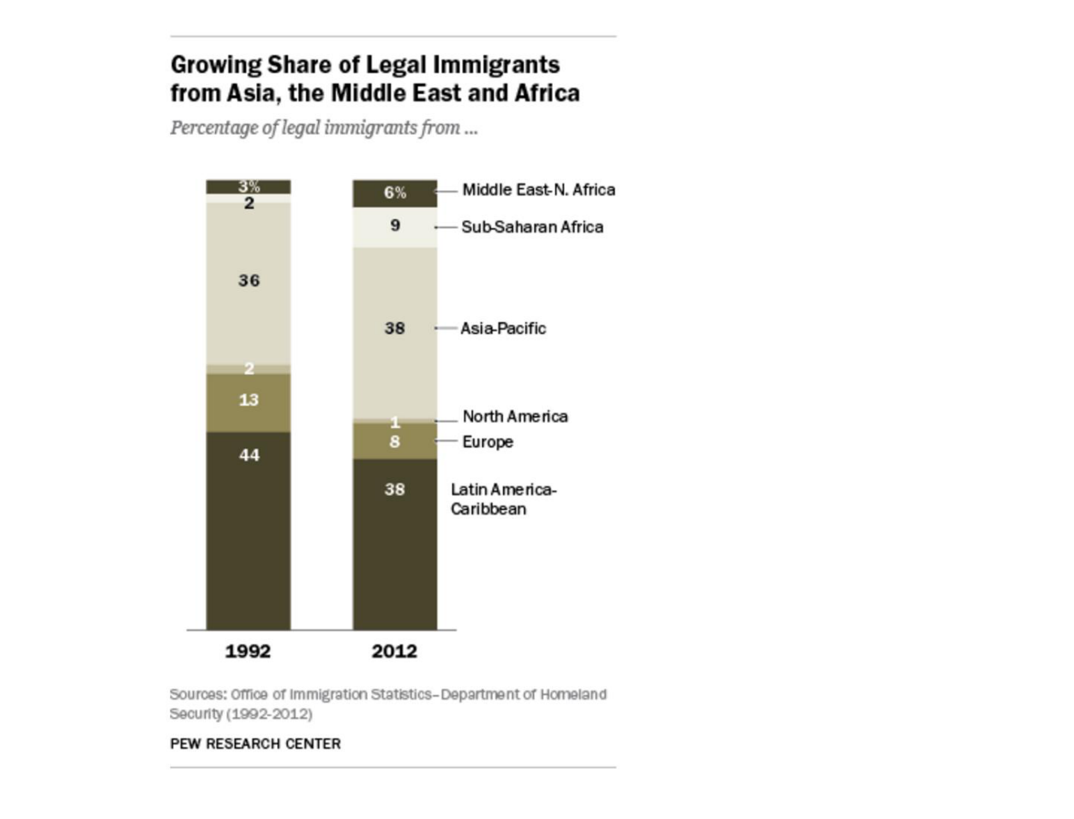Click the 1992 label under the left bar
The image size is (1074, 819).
[248, 652]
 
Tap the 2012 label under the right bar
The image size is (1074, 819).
[394, 652]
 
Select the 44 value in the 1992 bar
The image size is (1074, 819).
[249, 456]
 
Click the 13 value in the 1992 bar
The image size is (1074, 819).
[248, 400]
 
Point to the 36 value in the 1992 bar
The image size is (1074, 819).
[249, 281]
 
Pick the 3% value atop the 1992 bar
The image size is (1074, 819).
[249, 186]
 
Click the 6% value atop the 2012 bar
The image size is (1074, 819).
[395, 193]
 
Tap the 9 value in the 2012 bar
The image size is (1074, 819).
[395, 225]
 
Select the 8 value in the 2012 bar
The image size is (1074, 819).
[395, 442]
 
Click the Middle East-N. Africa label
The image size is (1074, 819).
[538, 190]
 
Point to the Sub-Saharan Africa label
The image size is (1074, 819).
[532, 227]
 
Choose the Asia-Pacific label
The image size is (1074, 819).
[503, 328]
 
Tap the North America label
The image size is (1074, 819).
[515, 416]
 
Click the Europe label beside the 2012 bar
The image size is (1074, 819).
[488, 443]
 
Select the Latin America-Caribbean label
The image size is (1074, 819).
[504, 499]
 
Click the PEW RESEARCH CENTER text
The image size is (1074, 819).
[255, 744]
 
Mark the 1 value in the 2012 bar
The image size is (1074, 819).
[395, 422]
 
